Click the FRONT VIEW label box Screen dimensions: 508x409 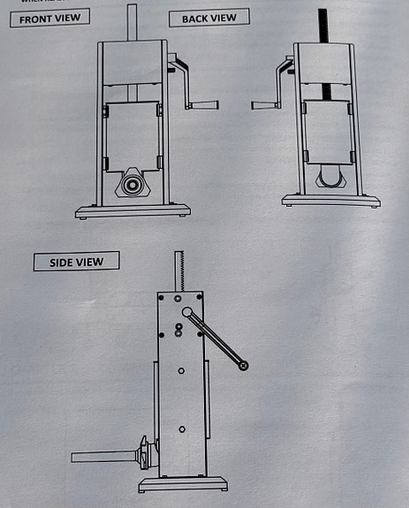coord(49,18)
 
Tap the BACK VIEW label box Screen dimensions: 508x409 coord(208,18)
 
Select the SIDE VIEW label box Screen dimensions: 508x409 coord(75,262)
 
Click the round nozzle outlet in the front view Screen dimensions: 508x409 coord(132,186)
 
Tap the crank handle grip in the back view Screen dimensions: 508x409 coord(266,105)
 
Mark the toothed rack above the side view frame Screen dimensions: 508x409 coord(178,269)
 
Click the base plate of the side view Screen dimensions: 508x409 coord(181,484)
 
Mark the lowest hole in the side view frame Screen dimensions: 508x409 coord(181,429)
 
